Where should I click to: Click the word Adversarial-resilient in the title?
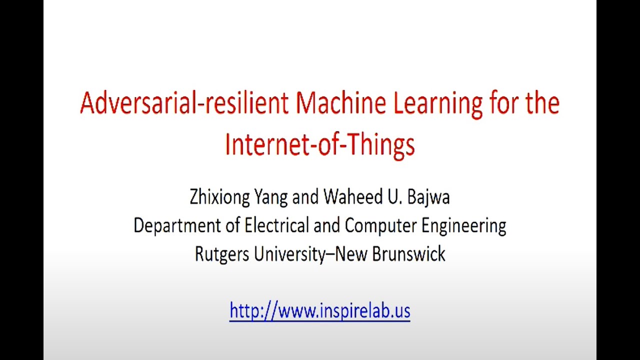tap(184, 103)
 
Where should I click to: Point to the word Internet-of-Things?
tap(320, 144)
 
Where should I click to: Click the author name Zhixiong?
tap(219, 197)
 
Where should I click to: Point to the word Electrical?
tap(276, 225)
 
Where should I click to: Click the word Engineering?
tap(463, 226)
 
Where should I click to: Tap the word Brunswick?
tap(408, 254)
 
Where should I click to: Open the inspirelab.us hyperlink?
tap(320, 310)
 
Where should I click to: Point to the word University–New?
tap(310, 254)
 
